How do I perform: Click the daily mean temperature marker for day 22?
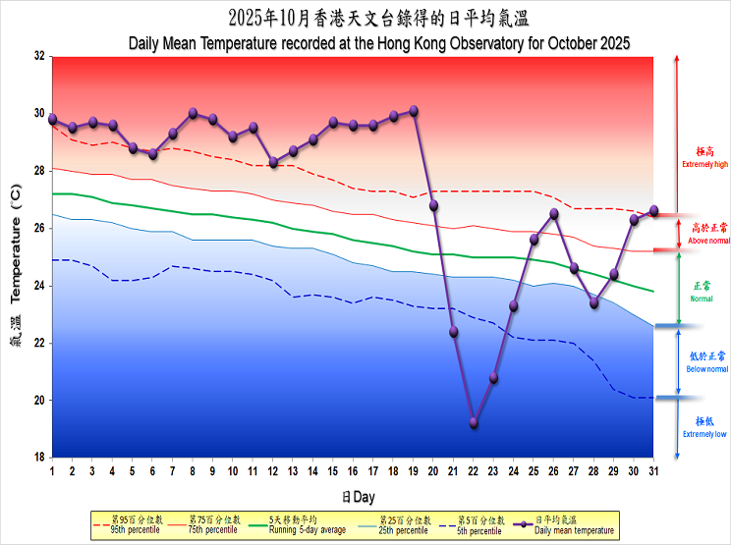coord(474,423)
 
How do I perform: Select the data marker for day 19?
coord(414,111)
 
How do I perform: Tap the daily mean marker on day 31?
coord(654,211)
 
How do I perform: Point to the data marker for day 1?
coord(52,119)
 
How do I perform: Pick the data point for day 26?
coord(554,213)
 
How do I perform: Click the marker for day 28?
coord(594,303)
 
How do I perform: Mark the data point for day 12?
coord(273,163)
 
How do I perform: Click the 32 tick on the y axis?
coord(39,56)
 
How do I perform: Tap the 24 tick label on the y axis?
coord(39,286)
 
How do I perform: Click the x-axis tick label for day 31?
coord(654,472)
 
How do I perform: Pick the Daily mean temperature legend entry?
coord(564,524)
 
